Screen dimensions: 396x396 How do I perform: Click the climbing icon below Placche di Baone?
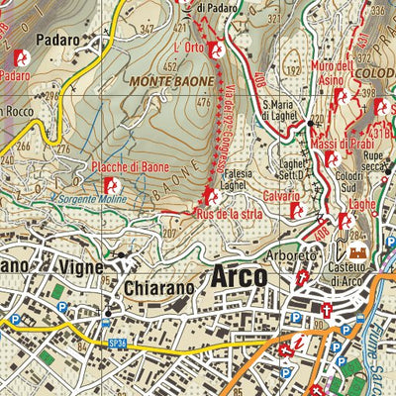[x=116, y=185]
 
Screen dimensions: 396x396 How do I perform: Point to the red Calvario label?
[x=282, y=196]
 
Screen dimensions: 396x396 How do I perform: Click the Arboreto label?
[x=297, y=256]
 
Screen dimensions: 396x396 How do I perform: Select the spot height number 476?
[x=205, y=102]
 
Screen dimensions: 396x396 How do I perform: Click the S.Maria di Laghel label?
[x=284, y=109]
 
